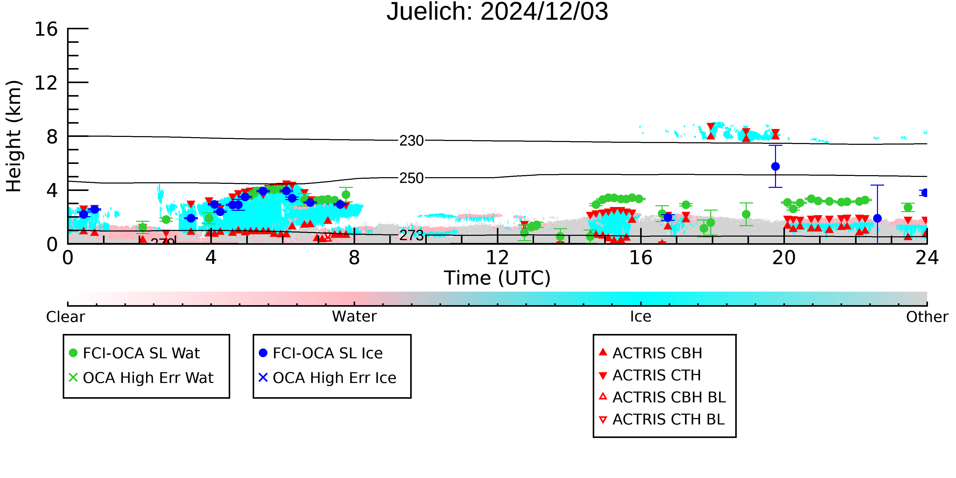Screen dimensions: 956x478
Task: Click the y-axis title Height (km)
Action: point(14,136)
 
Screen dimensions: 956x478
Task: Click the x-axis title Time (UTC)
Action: point(497,278)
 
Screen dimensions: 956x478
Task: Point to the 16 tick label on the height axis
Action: point(46,29)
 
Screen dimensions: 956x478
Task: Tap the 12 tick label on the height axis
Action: point(46,83)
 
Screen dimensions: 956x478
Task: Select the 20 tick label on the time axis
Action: point(784,257)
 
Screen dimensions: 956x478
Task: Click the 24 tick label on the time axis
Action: point(927,257)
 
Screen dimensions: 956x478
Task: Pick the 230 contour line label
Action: point(411,141)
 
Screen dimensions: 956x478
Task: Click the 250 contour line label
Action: point(411,178)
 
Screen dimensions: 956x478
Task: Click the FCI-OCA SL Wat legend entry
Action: point(134,353)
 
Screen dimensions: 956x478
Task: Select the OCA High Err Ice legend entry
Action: point(327,378)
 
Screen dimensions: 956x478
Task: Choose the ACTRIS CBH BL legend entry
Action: point(662,397)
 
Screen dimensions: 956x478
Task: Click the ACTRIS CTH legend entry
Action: point(650,375)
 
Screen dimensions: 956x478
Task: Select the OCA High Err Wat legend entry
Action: point(141,378)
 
